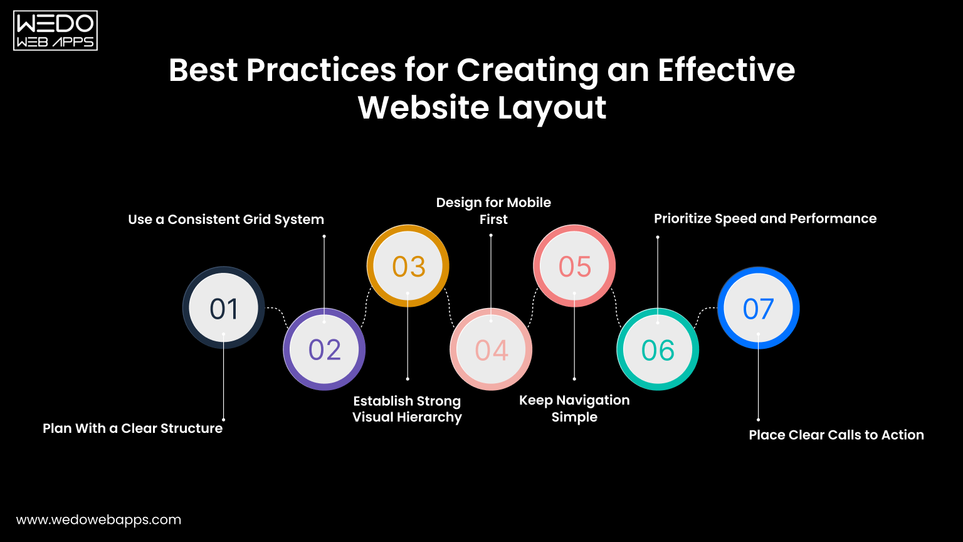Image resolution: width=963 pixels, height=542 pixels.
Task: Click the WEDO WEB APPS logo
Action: pyautogui.click(x=55, y=30)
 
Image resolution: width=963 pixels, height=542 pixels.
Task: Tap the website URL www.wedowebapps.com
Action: pyautogui.click(x=98, y=520)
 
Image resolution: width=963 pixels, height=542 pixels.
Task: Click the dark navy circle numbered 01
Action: pyautogui.click(x=224, y=307)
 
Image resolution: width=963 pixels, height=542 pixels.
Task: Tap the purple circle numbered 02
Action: pyautogui.click(x=324, y=349)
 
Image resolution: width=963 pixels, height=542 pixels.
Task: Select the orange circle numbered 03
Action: pyautogui.click(x=408, y=266)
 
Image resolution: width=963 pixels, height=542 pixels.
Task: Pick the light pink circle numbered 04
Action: pyautogui.click(x=491, y=349)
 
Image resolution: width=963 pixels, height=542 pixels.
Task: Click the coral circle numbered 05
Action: pyautogui.click(x=574, y=266)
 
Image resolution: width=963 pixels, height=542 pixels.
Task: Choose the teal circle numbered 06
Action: pyautogui.click(x=658, y=349)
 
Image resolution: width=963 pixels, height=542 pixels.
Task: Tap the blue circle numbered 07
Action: pyautogui.click(x=758, y=307)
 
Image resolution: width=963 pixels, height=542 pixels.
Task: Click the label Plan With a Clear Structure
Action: pyautogui.click(x=132, y=428)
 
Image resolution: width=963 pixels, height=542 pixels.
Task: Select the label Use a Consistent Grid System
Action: pyautogui.click(x=226, y=220)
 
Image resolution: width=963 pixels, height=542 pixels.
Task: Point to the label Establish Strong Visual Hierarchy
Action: pyautogui.click(x=407, y=409)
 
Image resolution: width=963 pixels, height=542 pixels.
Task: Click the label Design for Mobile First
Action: pyautogui.click(x=493, y=211)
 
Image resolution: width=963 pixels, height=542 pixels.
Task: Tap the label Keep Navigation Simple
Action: pyautogui.click(x=574, y=408)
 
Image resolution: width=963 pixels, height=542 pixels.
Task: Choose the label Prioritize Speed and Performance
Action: pyautogui.click(x=765, y=219)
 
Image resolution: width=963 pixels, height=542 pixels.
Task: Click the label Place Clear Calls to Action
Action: pyautogui.click(x=836, y=435)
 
